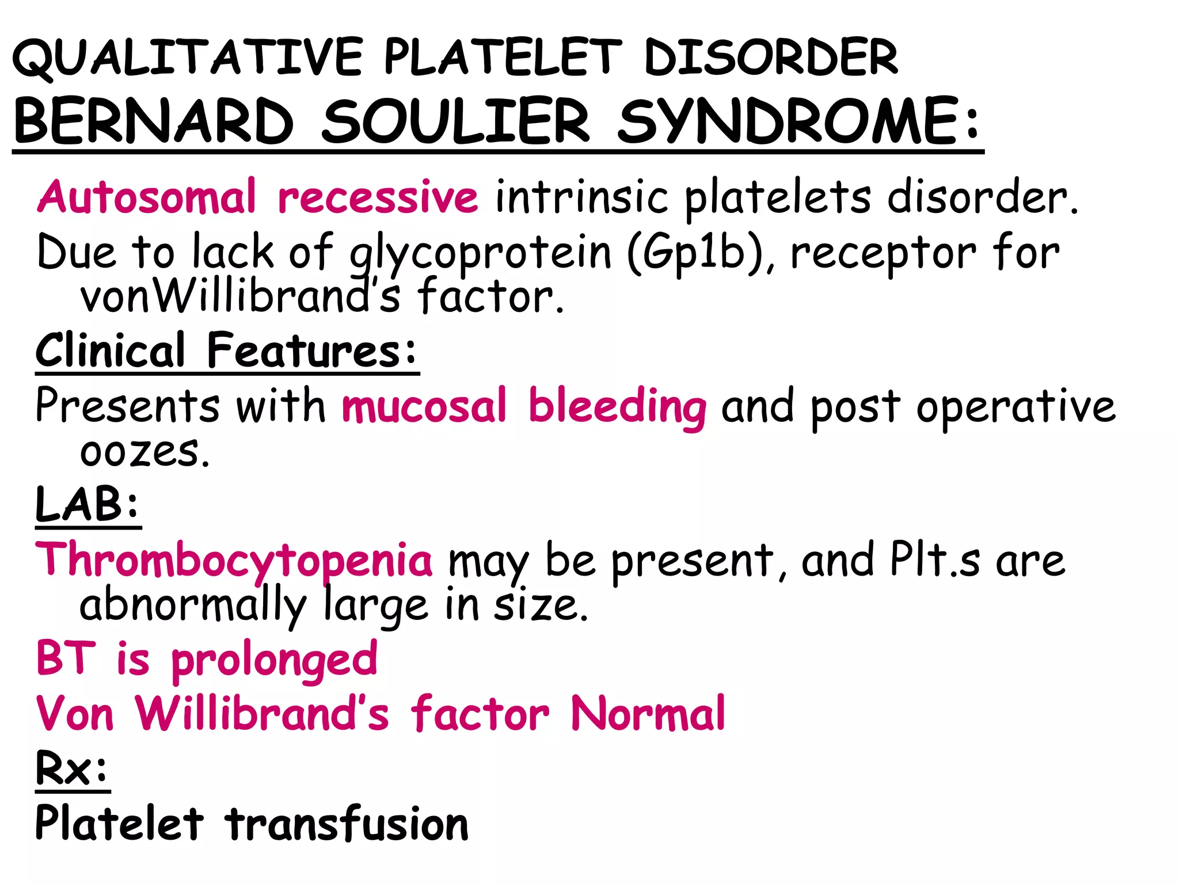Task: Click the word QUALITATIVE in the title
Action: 187,58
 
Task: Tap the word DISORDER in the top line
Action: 771,58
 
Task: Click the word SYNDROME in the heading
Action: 789,122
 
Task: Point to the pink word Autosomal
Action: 147,197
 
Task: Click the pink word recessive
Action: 378,197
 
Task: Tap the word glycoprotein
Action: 481,253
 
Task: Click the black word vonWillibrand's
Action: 239,297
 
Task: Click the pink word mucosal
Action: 424,406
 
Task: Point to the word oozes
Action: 144,451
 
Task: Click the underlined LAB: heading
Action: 88,504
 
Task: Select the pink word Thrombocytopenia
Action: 234,560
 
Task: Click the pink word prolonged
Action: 274,660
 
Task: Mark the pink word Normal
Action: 648,714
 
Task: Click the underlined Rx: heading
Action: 72,769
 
